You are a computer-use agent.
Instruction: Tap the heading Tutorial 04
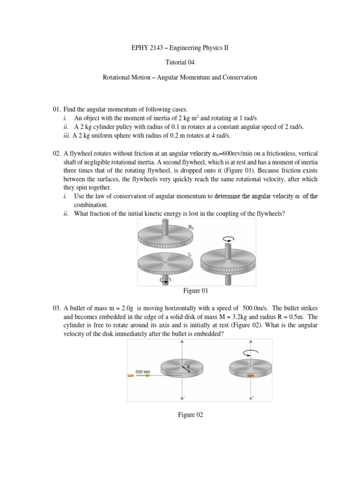(x=180, y=62)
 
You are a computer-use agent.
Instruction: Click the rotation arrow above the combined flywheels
(x=228, y=239)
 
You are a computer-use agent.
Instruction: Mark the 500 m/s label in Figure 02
(x=142, y=371)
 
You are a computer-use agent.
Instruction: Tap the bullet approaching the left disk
(x=130, y=375)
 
